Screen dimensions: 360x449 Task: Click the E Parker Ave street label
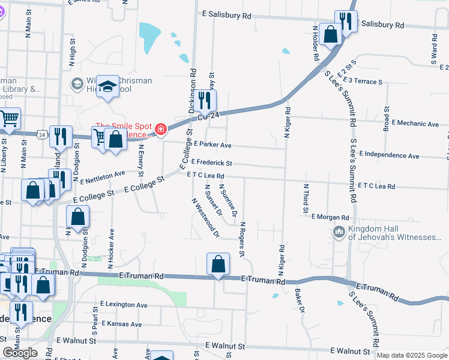pyautogui.click(x=212, y=145)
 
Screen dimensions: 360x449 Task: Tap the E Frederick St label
pyautogui.click(x=211, y=163)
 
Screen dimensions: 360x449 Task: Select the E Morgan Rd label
pyautogui.click(x=330, y=217)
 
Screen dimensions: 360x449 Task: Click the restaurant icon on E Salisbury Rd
pyautogui.click(x=345, y=22)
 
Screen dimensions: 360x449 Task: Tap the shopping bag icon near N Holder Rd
pyautogui.click(x=330, y=34)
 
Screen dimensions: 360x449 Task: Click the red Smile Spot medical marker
pyautogui.click(x=160, y=129)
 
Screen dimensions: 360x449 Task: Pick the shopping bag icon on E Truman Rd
pyautogui.click(x=218, y=263)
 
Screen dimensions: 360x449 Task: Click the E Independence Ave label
pyautogui.click(x=392, y=155)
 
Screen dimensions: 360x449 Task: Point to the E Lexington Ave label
pyautogui.click(x=124, y=305)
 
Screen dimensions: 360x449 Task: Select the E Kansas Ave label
pyautogui.click(x=121, y=324)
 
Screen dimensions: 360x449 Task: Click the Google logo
pyautogui.click(x=20, y=352)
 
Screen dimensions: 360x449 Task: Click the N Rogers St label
pyautogui.click(x=242, y=239)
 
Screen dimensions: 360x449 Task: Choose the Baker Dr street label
pyautogui.click(x=301, y=301)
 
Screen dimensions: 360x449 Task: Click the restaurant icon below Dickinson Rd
pyautogui.click(x=206, y=102)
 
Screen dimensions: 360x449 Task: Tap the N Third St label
pyautogui.click(x=306, y=199)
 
